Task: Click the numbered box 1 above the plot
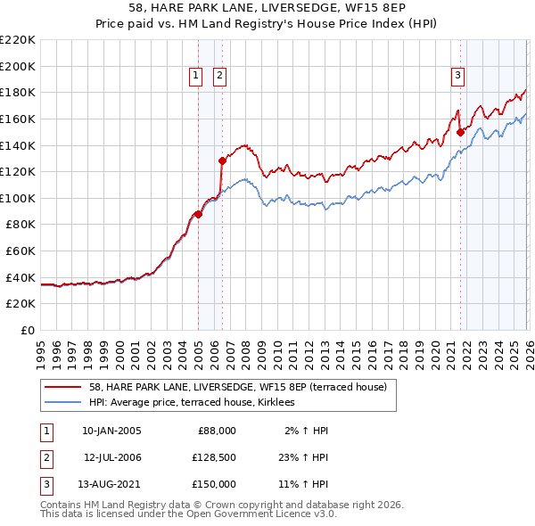point(195,77)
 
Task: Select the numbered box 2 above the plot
point(219,77)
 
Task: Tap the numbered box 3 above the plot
point(457,77)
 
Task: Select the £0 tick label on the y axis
point(27,330)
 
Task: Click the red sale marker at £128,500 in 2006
point(222,160)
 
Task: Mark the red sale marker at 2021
point(460,132)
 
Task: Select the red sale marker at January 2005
point(198,214)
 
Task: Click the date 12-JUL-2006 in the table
point(112,456)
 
